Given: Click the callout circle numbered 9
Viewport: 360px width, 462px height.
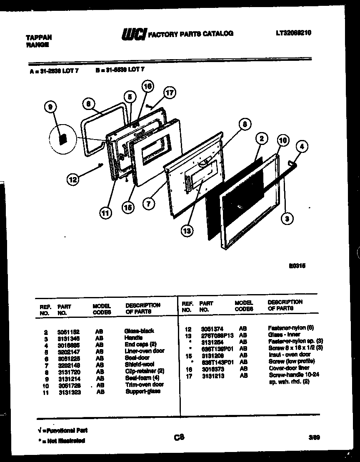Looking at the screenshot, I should [x=50, y=108].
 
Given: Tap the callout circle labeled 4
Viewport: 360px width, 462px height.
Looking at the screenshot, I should [x=302, y=146].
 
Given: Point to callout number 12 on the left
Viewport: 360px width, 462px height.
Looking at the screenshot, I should [x=72, y=180].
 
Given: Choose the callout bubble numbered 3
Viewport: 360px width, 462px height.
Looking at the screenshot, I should [x=287, y=217].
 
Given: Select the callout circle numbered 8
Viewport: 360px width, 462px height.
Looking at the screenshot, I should [x=245, y=124].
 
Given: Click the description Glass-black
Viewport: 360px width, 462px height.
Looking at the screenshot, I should [x=139, y=331].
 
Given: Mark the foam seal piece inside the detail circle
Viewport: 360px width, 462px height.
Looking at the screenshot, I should [x=63, y=139].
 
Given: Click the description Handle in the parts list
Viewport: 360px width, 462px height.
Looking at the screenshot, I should [x=133, y=338].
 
